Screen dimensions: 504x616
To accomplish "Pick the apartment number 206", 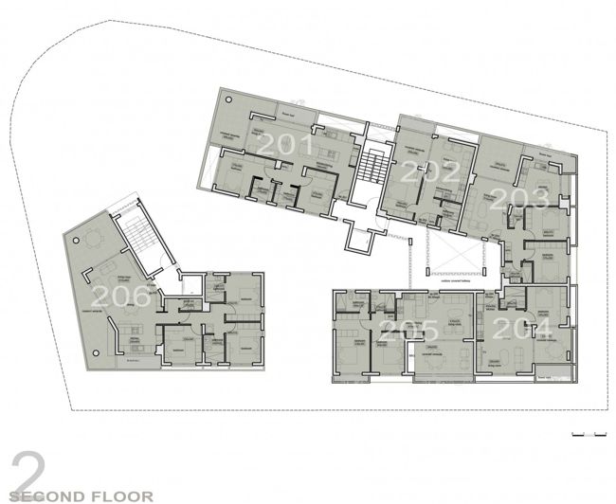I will (120, 297).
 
